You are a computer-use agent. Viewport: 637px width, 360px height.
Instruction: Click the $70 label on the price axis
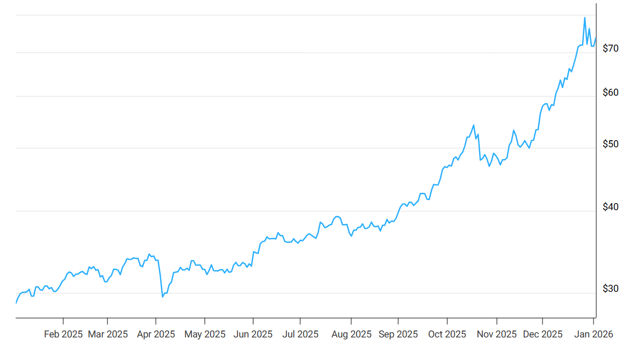pos(611,48)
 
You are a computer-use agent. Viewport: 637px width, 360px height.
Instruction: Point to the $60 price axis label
pos(611,92)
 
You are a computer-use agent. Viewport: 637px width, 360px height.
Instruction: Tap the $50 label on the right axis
pos(611,144)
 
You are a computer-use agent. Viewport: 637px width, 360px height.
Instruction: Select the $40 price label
pos(611,207)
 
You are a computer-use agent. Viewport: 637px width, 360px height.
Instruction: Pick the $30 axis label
pos(611,289)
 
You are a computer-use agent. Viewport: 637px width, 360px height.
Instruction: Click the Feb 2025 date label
pos(63,334)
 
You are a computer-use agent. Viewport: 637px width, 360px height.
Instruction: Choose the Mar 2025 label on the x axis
pos(108,334)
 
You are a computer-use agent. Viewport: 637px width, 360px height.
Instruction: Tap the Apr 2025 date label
pos(156,334)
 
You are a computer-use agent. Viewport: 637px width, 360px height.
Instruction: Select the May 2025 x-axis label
pos(205,334)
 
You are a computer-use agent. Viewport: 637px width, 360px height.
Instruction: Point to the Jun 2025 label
pos(252,334)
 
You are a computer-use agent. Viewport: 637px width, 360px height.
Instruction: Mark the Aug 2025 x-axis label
pos(351,334)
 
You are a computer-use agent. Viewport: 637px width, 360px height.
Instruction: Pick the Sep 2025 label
pos(398,334)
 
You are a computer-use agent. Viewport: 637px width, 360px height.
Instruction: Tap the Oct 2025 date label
pos(446,334)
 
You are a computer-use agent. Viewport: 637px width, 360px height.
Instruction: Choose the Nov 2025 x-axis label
pos(497,334)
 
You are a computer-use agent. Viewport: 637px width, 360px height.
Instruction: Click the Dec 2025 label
pos(542,334)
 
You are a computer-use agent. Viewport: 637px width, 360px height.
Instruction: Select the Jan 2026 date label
pos(593,334)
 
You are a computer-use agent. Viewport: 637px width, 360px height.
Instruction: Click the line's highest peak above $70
pos(585,18)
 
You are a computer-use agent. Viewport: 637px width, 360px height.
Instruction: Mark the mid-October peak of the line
pos(473,125)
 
